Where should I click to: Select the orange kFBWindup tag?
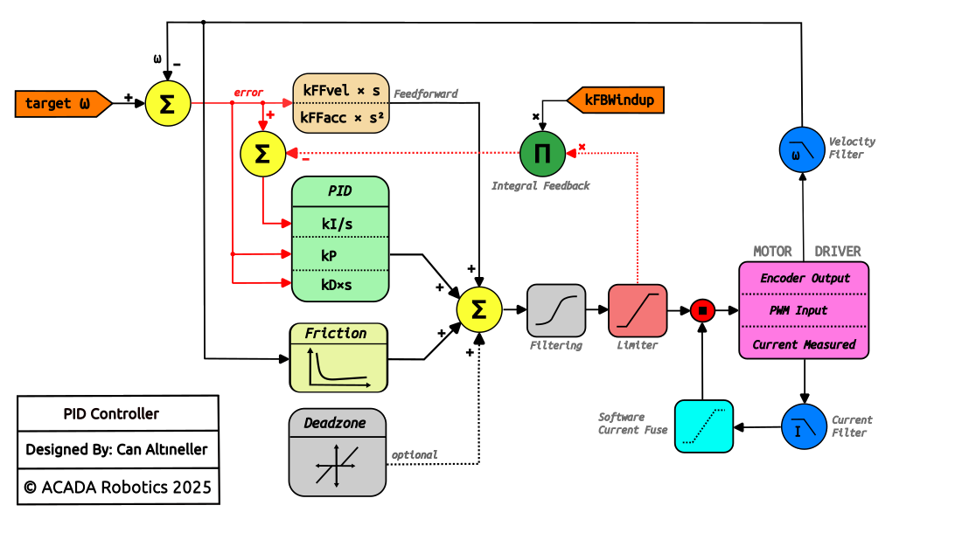pyautogui.click(x=617, y=100)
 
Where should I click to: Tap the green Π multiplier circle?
pyautogui.click(x=542, y=154)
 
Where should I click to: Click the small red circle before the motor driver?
pyautogui.click(x=703, y=310)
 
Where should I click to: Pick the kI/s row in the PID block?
pyautogui.click(x=339, y=223)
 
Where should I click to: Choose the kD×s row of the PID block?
pyautogui.click(x=339, y=284)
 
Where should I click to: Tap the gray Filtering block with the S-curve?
pyautogui.click(x=556, y=310)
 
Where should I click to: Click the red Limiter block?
pyautogui.click(x=638, y=310)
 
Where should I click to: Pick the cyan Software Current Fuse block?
pyautogui.click(x=704, y=426)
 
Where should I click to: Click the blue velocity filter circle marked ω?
pyautogui.click(x=802, y=148)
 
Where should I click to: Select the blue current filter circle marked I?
pyautogui.click(x=803, y=426)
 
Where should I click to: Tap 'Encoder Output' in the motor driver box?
pyautogui.click(x=805, y=279)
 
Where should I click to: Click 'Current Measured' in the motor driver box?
pyautogui.click(x=805, y=344)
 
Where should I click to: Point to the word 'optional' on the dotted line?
pyautogui.click(x=415, y=455)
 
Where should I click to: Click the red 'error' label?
pyautogui.click(x=248, y=93)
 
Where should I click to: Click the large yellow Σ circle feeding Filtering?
pyautogui.click(x=479, y=310)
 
